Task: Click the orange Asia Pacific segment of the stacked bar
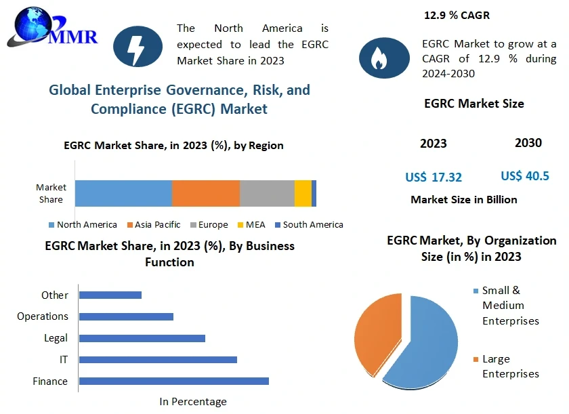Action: [x=206, y=193]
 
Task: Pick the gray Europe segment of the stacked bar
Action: [x=267, y=193]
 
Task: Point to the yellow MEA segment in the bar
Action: [x=303, y=193]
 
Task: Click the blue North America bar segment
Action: [x=123, y=193]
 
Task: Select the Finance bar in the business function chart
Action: [x=174, y=381]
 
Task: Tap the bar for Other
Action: [x=110, y=295]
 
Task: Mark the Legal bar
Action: [x=142, y=338]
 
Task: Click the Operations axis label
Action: [x=43, y=316]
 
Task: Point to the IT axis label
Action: [x=63, y=360]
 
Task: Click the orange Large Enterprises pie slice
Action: [x=376, y=332]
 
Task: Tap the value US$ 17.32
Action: [x=434, y=178]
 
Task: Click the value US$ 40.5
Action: [x=525, y=176]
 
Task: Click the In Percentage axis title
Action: [x=193, y=402]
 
